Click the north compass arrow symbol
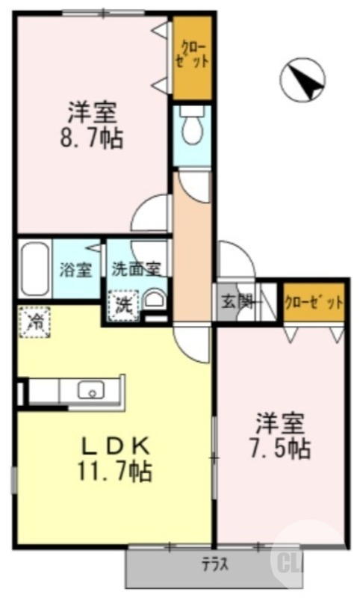click(302, 80)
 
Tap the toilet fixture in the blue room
click(192, 124)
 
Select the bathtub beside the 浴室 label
click(34, 269)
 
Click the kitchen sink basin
click(91, 389)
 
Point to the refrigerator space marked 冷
click(35, 322)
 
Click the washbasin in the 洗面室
click(155, 300)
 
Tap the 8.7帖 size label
click(92, 139)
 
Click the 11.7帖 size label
click(115, 471)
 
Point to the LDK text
click(116, 448)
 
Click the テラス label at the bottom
click(215, 564)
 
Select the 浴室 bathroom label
click(75, 270)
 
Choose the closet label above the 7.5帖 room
click(314, 303)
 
